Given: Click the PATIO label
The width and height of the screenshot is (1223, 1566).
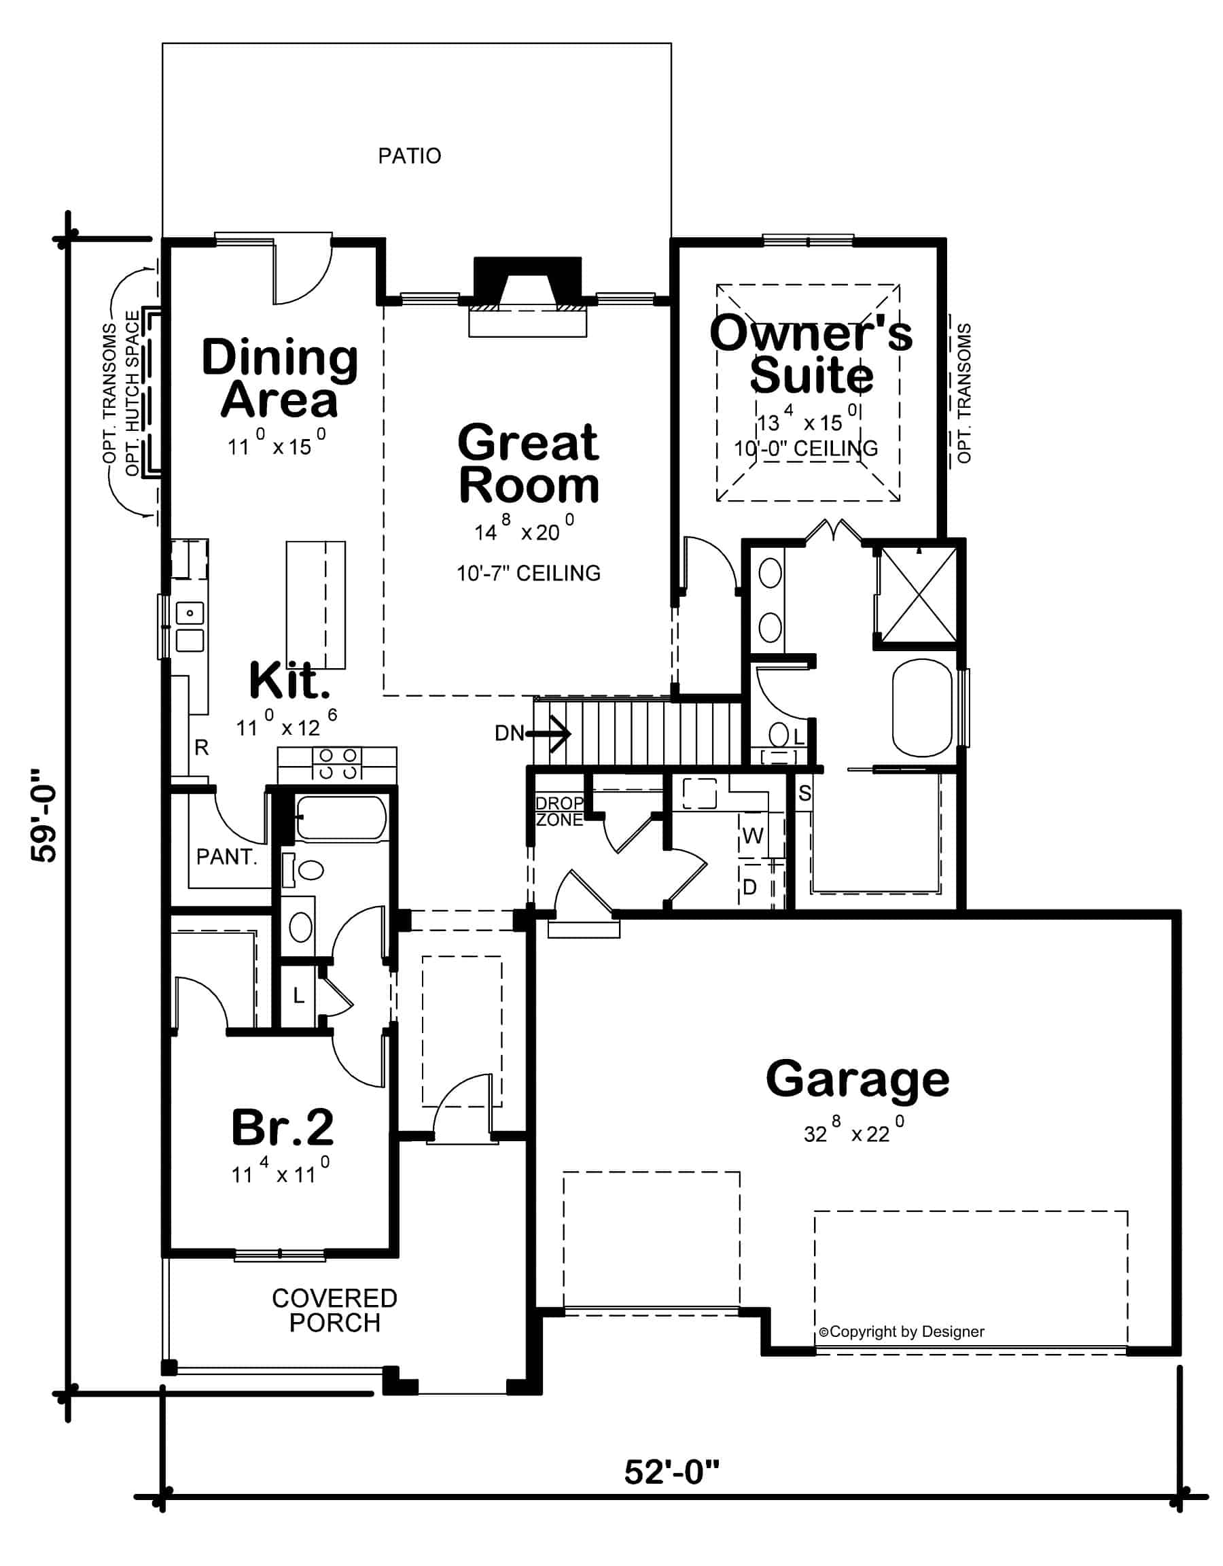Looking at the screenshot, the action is pos(409,156).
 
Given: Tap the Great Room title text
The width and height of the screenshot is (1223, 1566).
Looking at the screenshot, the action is pos(529,464).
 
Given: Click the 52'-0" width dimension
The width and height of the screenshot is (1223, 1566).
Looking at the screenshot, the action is pos(672,1473).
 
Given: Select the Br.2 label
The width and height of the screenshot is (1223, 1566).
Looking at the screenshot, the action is pos(283,1127).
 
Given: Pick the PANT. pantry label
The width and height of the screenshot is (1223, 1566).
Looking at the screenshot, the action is pos(226,857).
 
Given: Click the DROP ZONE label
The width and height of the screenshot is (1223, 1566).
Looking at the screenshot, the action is pos(560,811).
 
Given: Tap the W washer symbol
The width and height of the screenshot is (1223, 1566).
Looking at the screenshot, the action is pos(753,835).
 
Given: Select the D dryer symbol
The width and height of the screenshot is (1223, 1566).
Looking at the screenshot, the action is pos(750,888).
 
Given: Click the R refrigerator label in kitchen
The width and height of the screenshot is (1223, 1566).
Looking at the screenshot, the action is pos(201,748).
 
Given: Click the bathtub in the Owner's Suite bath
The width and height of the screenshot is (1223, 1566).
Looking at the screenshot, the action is pos(923,708).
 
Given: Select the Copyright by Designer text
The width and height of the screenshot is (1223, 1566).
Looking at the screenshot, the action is pos(902,1332).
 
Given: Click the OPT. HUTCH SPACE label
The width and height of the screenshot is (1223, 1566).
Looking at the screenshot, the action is pos(132,393).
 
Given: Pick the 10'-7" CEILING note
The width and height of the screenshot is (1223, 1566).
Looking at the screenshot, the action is pos(529,573).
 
